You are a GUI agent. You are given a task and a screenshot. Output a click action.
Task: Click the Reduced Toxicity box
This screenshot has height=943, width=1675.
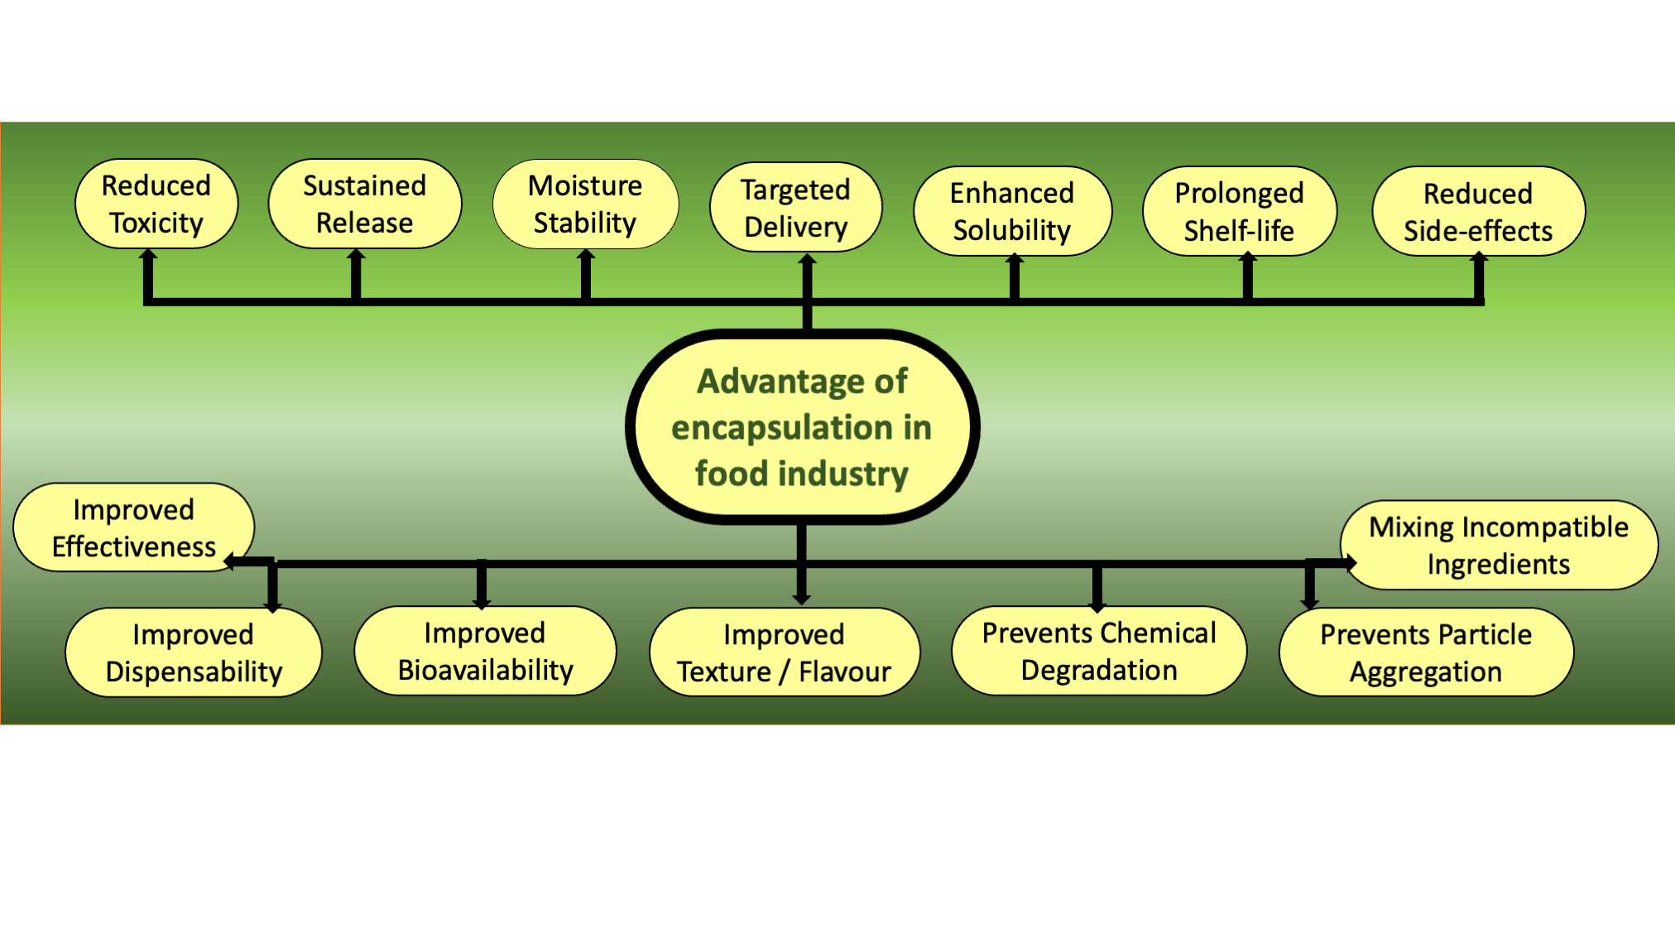click(x=156, y=204)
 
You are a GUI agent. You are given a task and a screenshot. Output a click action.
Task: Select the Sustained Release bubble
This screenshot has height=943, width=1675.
click(x=365, y=204)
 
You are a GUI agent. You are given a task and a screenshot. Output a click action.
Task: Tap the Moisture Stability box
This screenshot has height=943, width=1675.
click(x=586, y=204)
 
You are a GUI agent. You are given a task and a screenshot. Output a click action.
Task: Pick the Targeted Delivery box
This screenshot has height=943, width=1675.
click(x=796, y=207)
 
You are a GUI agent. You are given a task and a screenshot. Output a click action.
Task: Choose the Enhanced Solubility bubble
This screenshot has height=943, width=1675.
click(x=1013, y=211)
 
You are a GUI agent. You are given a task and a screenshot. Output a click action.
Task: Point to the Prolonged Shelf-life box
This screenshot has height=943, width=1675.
click(x=1240, y=211)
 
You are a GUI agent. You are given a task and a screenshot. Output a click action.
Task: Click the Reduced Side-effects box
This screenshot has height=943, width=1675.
click(x=1479, y=211)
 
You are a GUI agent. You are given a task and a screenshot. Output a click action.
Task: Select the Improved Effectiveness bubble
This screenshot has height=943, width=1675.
click(x=134, y=527)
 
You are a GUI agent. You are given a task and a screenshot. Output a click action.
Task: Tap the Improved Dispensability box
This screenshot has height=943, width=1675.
click(x=194, y=652)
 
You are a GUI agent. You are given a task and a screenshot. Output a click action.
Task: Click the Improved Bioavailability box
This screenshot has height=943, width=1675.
click(x=486, y=651)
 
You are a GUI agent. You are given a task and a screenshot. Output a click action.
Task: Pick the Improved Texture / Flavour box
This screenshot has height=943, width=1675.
click(x=785, y=652)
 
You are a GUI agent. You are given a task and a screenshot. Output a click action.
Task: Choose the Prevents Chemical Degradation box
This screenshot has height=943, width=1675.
click(x=1099, y=651)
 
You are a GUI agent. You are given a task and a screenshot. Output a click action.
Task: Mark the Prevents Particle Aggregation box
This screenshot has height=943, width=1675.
click(x=1427, y=652)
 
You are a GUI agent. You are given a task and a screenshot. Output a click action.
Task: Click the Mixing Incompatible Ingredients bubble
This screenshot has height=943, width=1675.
click(x=1499, y=545)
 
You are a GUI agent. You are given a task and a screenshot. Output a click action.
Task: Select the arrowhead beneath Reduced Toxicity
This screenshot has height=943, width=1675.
click(x=148, y=255)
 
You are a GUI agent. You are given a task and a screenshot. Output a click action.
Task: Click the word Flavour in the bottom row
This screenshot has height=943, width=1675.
click(x=845, y=671)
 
